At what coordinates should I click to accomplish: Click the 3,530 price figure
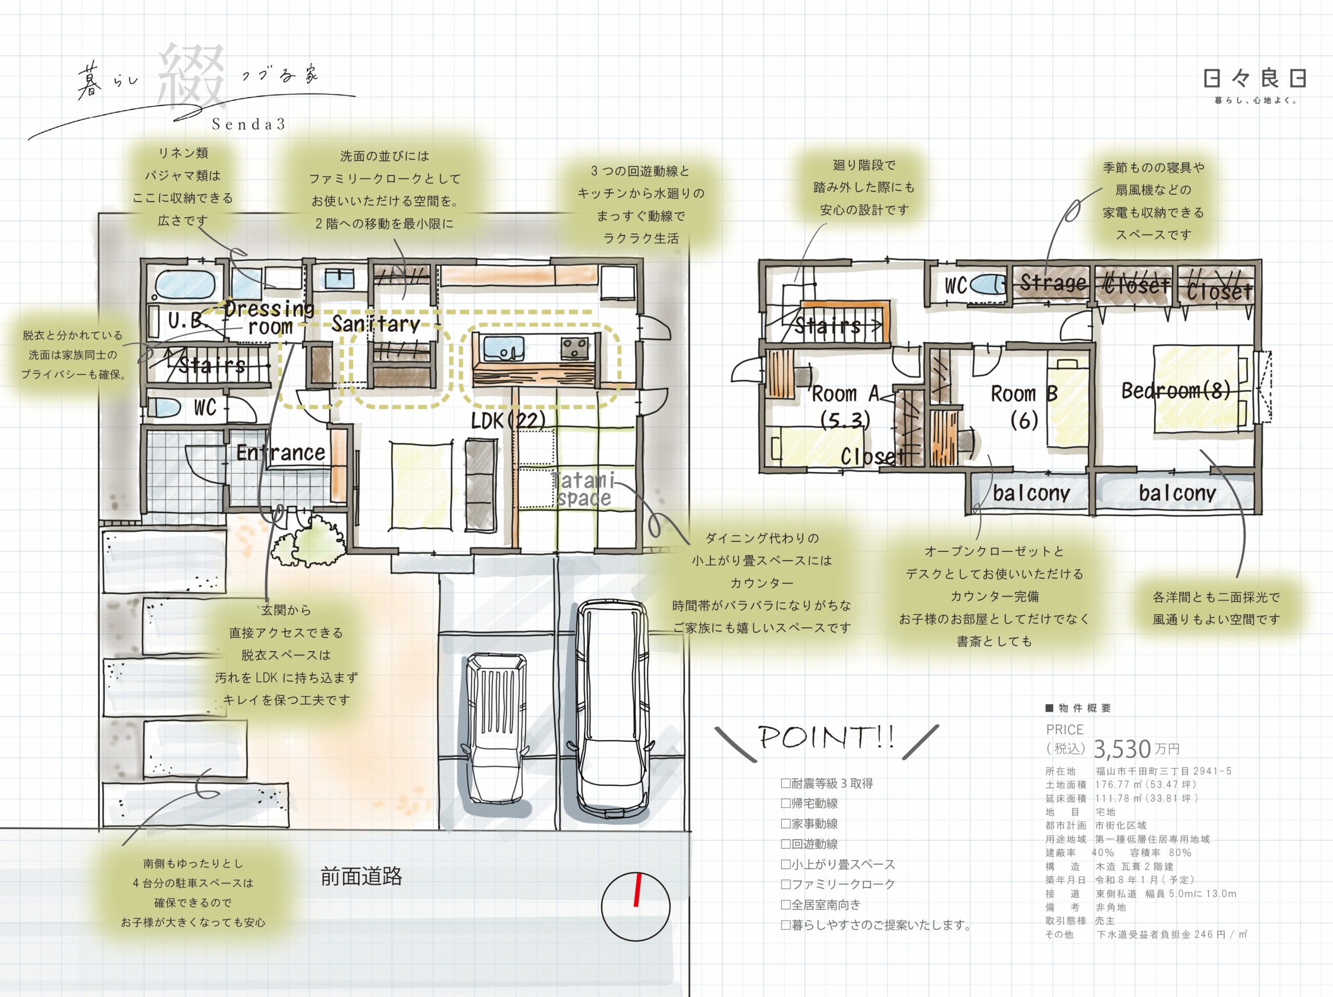coord(1122,749)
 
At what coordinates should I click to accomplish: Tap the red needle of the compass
coord(637,889)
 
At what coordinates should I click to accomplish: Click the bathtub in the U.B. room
coord(184,284)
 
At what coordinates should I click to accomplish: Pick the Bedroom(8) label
coord(1176,391)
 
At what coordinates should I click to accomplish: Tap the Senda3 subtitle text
coord(248,124)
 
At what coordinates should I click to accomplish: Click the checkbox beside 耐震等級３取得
coord(785,783)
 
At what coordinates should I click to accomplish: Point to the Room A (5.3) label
coord(845,407)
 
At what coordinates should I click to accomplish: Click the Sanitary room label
coord(375,324)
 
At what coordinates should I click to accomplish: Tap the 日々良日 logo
coord(1255,78)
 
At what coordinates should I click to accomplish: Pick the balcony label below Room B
coord(1031,494)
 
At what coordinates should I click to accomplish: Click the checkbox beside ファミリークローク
coord(785,885)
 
